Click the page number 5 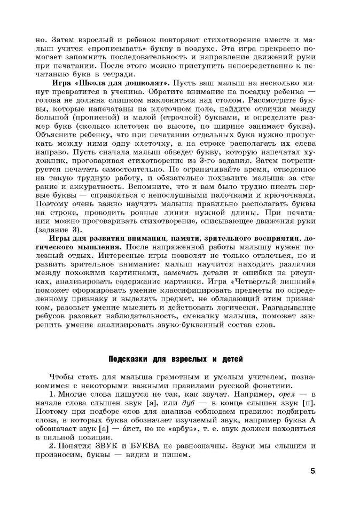(312, 472)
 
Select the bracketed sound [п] (309, 406)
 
